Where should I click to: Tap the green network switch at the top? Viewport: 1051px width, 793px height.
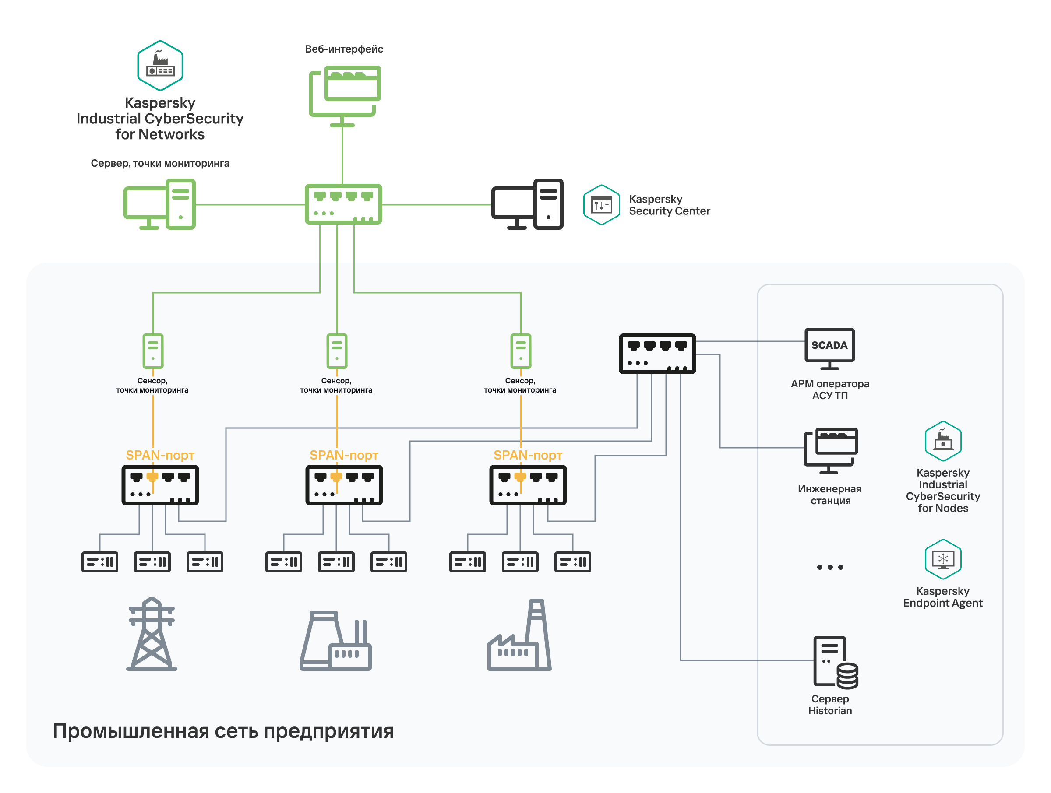tap(343, 204)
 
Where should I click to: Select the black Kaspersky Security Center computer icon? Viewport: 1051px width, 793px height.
tap(527, 204)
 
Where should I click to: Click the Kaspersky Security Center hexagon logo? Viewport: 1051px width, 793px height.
tap(601, 205)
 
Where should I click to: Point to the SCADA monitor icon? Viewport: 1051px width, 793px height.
tap(829, 348)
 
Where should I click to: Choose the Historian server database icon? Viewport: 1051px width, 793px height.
tap(835, 662)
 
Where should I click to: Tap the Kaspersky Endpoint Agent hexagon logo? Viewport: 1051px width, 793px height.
tap(943, 559)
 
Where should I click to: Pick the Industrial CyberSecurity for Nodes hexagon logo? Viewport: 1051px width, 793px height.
tap(943, 441)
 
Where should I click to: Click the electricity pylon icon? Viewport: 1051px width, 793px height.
tap(152, 634)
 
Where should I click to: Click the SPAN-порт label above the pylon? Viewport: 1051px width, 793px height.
tap(160, 455)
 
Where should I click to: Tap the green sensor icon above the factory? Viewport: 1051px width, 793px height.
tap(520, 351)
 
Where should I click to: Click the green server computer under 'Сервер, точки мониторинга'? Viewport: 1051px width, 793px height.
tap(160, 204)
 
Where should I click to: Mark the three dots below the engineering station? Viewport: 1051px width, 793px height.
tap(829, 567)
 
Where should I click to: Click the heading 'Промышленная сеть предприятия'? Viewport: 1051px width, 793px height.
tap(223, 731)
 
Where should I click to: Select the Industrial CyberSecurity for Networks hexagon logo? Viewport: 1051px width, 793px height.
tap(160, 66)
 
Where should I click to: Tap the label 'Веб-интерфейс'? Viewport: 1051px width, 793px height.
tap(344, 49)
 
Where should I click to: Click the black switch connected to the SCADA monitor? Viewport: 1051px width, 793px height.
tap(657, 354)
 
